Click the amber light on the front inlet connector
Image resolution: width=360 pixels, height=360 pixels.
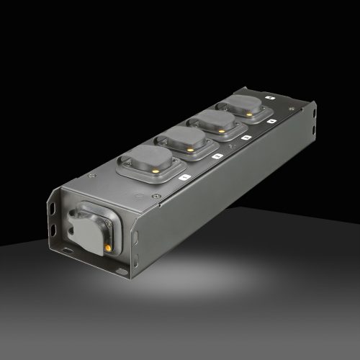point(107,247)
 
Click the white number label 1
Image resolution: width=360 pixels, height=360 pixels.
point(184,175)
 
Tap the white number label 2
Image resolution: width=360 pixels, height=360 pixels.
point(217,153)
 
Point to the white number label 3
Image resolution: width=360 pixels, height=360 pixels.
point(246,136)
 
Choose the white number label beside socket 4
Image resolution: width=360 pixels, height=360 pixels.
point(270,121)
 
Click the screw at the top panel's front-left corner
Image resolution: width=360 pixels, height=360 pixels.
point(91,174)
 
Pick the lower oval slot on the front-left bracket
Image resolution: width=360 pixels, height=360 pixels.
point(54,230)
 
